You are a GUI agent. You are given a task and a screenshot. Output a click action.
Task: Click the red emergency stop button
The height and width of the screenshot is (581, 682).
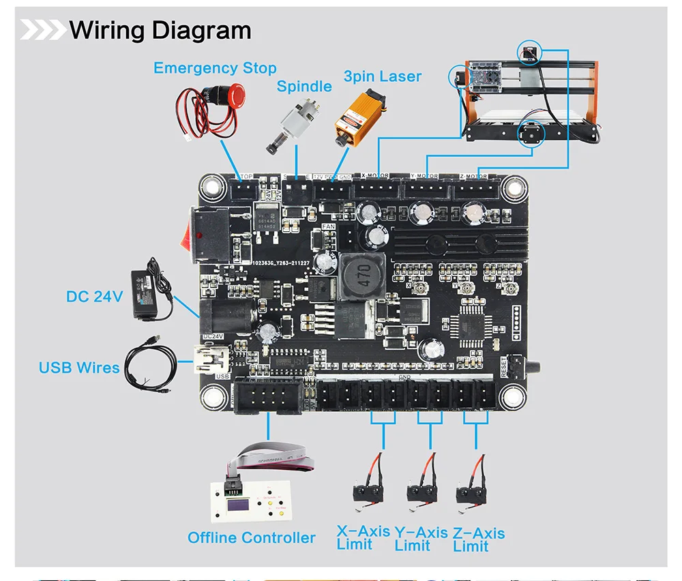point(235,94)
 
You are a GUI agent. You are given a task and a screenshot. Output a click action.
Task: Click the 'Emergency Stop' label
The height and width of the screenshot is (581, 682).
point(215,68)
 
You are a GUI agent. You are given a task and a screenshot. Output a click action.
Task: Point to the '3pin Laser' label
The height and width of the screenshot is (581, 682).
point(382,76)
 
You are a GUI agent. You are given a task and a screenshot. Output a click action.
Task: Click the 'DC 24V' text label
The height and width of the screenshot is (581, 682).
point(94,297)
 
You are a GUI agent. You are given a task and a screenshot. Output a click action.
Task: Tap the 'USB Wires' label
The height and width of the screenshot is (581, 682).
point(79,368)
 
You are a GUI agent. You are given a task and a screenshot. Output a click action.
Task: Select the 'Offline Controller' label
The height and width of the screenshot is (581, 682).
point(252,538)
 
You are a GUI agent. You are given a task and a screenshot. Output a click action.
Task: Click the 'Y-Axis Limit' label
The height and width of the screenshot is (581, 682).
point(421,539)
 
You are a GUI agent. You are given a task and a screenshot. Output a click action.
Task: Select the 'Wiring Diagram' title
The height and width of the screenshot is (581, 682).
point(160,31)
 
